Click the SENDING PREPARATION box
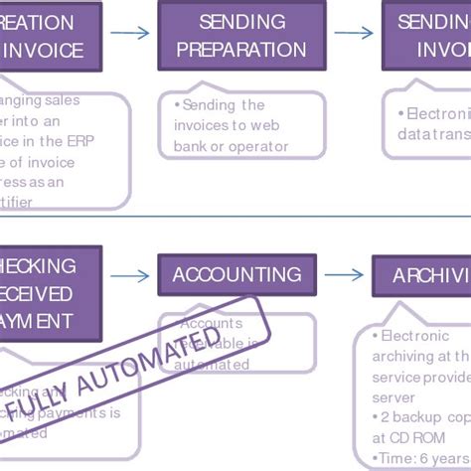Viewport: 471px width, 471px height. (x=241, y=36)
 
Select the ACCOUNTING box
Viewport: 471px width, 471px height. (x=236, y=275)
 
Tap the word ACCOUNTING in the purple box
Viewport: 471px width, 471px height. (x=236, y=275)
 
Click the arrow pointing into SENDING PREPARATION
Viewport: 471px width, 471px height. (x=129, y=34)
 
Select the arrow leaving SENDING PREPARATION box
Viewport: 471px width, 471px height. (x=353, y=34)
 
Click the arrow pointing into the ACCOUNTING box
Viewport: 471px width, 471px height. (x=129, y=275)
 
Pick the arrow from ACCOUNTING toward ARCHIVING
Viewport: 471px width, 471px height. (x=344, y=275)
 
